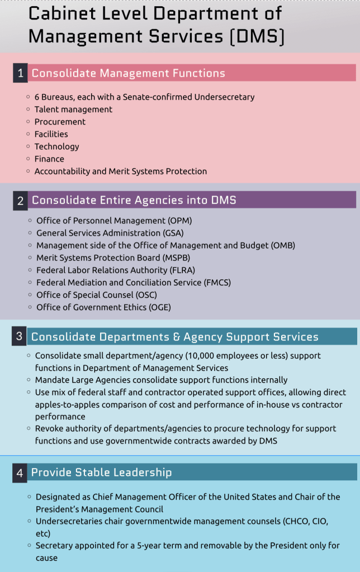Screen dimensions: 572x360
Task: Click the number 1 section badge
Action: coord(20,73)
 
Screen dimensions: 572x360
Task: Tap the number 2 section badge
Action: coord(20,201)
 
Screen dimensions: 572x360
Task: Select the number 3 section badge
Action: coord(19,336)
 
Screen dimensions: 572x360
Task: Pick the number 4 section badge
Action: coord(20,473)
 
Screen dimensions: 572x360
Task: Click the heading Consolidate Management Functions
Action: coord(128,73)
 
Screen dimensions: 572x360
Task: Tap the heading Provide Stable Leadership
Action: coord(101,473)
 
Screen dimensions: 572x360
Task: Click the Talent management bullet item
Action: coord(73,109)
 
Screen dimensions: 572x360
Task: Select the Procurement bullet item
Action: coord(60,122)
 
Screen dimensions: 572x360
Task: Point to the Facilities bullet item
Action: coord(51,134)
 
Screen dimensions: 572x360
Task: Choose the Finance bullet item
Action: coord(49,159)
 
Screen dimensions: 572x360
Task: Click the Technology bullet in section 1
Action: coord(56,146)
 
